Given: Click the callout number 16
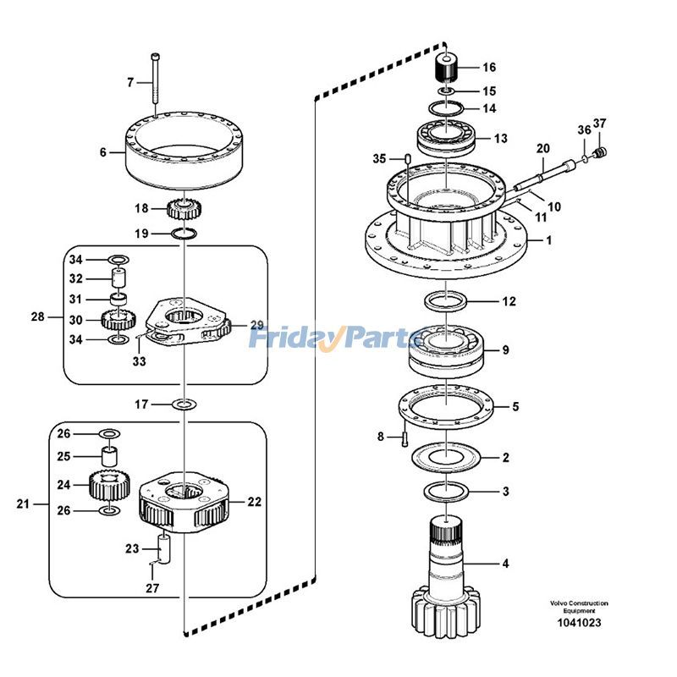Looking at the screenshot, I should tap(489, 67).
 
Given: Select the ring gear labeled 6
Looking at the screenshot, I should tap(185, 152).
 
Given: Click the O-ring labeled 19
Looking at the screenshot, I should tap(185, 233).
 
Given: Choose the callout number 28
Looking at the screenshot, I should tap(37, 317).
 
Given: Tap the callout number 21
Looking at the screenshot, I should tap(23, 504).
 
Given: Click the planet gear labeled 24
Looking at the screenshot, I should tap(107, 486).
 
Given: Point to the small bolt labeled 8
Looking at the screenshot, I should tap(405, 438).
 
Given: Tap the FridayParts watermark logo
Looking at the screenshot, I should tap(338, 339).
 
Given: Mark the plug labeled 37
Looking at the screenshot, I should tap(601, 152).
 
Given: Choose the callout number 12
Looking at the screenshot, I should tap(509, 301).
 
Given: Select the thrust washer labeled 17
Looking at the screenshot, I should tap(184, 405).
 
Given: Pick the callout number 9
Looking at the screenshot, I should tap(505, 350).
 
